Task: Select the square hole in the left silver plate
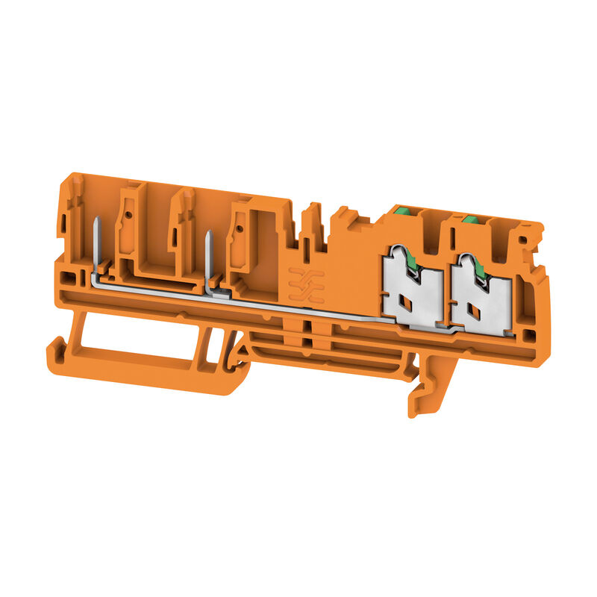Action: [x=407, y=302]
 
